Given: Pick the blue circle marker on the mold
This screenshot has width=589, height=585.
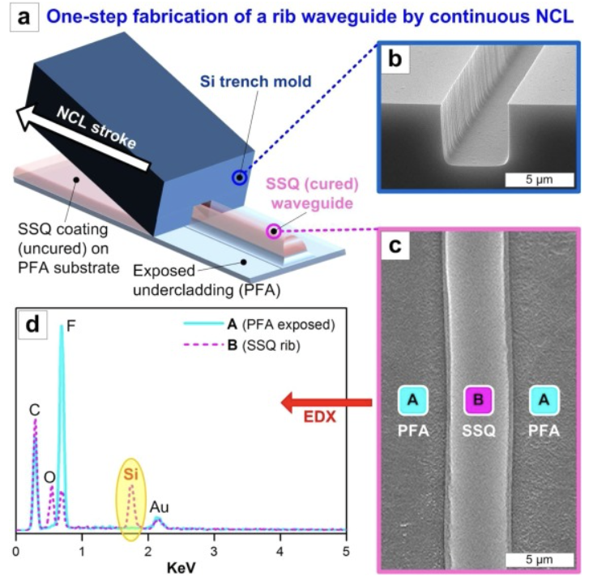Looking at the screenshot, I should (x=238, y=178).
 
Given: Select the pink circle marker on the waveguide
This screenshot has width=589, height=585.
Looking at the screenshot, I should (x=274, y=232).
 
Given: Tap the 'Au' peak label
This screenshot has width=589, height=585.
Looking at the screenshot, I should (x=159, y=506).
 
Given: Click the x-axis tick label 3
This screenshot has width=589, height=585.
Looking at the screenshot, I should (x=214, y=552).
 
